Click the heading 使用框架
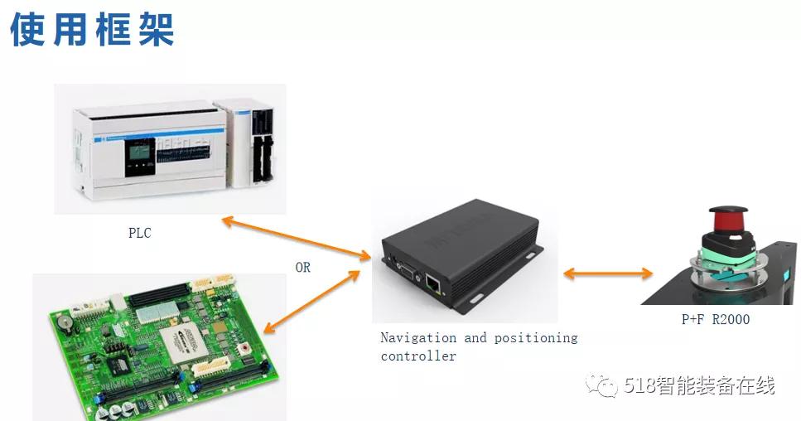pyautogui.click(x=92, y=30)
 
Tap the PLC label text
pyautogui.click(x=139, y=233)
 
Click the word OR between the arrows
pyautogui.click(x=302, y=267)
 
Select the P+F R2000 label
pyautogui.click(x=716, y=319)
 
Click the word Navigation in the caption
pyautogui.click(x=418, y=338)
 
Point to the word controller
pyautogui.click(x=418, y=356)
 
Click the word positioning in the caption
pyautogui.click(x=536, y=338)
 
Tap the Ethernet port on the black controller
pyautogui.click(x=433, y=283)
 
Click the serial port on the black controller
pyautogui.click(x=406, y=272)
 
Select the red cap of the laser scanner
pyautogui.click(x=728, y=218)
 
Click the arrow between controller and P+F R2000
pyautogui.click(x=608, y=273)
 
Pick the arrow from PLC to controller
pyautogui.click(x=297, y=238)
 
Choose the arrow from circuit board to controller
pyautogui.click(x=311, y=302)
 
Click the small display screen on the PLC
pyautogui.click(x=139, y=151)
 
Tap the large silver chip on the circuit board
pyautogui.click(x=185, y=344)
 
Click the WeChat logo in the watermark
pyautogui.click(x=601, y=385)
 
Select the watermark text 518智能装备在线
pyautogui.click(x=699, y=385)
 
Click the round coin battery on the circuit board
pyautogui.click(x=63, y=322)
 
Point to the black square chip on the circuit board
pyautogui.click(x=118, y=365)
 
